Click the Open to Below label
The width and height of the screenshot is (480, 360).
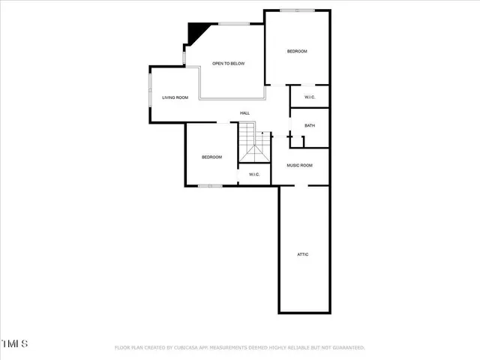(x=228, y=64)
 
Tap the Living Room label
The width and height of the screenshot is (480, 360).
(x=175, y=97)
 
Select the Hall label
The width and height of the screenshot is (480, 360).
(x=244, y=113)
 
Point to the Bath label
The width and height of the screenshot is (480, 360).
(x=310, y=126)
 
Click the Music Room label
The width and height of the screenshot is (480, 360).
(x=300, y=165)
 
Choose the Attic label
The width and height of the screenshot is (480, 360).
(x=303, y=254)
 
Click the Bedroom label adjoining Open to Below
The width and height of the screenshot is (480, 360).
(x=297, y=51)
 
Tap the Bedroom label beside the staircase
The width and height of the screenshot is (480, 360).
(x=211, y=157)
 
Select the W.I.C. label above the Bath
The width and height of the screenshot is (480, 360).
(x=310, y=97)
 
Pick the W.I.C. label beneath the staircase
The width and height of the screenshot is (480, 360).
(x=254, y=175)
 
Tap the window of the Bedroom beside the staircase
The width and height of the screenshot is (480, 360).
(x=210, y=185)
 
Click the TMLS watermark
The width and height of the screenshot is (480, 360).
(x=15, y=344)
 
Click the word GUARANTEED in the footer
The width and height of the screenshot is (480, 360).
(x=346, y=348)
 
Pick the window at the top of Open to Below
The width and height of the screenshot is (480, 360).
(x=233, y=25)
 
